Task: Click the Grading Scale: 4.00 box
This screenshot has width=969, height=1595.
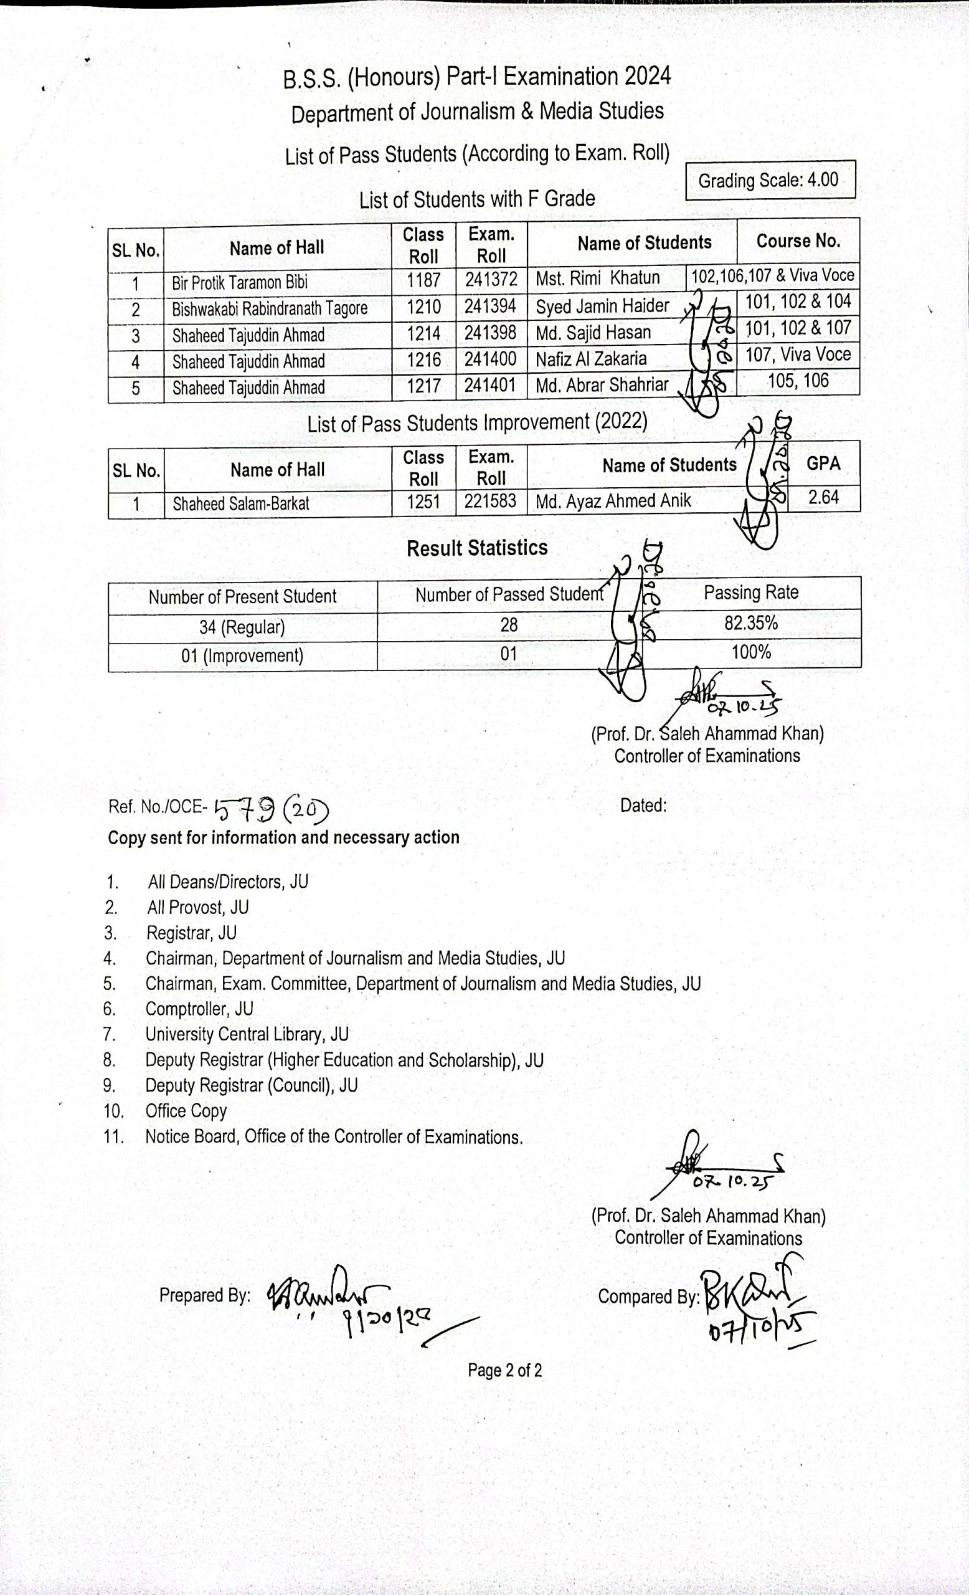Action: point(770,179)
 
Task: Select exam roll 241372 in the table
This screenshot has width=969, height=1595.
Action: point(491,279)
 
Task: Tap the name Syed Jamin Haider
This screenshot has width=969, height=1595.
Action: point(602,305)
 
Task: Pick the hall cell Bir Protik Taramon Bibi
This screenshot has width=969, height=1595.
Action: point(240,283)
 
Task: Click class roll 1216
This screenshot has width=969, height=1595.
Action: point(423,359)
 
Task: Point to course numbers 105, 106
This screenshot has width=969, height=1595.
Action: point(798,381)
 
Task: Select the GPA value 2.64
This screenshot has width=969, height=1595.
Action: point(823,497)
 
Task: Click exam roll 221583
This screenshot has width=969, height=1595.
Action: point(490,500)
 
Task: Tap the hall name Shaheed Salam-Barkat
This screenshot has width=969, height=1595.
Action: point(240,503)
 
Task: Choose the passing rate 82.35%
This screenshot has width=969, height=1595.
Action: point(750,622)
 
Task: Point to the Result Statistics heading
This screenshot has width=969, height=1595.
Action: point(477,548)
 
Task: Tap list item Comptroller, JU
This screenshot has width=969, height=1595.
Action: point(199,1009)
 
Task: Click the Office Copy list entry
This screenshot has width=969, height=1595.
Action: point(186,1111)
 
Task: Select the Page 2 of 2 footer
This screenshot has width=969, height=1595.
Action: point(504,1370)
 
